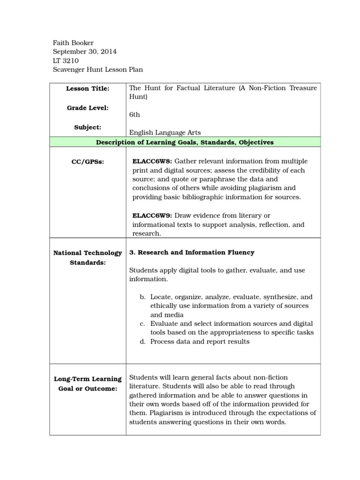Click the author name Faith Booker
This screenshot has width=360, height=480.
coord(73,43)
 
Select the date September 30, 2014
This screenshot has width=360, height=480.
coord(85,52)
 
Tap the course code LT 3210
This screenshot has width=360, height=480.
coord(66,60)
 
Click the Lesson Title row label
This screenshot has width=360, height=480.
coord(88,88)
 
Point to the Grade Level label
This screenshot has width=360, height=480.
coord(88,108)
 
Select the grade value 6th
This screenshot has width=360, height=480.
coord(135,114)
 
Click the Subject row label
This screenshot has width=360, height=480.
coord(88,127)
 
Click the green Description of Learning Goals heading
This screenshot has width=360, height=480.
coord(185,142)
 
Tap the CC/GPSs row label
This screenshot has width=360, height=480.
coord(88,162)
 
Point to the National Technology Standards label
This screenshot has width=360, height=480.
coord(88,258)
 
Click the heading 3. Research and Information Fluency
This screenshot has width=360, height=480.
coord(192,252)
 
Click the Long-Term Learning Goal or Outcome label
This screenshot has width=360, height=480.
coord(88,383)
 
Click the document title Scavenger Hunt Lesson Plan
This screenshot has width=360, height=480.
coord(97,69)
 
